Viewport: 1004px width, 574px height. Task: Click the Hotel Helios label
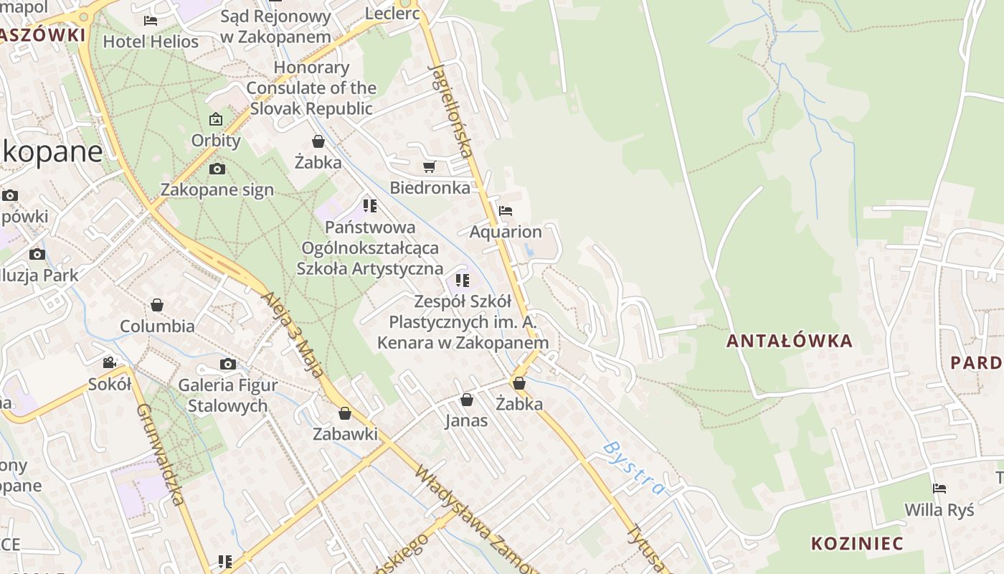[x=151, y=42]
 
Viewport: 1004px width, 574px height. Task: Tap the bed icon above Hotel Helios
[x=151, y=20]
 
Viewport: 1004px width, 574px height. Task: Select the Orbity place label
[x=216, y=140]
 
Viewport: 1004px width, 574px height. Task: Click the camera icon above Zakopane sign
[x=217, y=169]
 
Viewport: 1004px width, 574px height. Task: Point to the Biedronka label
[x=430, y=188]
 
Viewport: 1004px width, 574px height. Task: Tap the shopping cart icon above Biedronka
[x=429, y=167]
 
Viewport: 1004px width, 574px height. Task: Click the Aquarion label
[x=506, y=232]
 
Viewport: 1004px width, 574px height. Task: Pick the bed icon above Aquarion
[x=506, y=211]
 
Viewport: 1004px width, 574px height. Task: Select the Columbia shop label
[x=157, y=326]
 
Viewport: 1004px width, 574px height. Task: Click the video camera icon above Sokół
[x=109, y=363]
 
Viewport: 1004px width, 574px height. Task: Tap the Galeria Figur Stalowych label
[x=227, y=395]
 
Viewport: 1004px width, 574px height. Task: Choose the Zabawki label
[x=345, y=434]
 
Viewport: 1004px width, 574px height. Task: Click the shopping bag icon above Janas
[x=467, y=400]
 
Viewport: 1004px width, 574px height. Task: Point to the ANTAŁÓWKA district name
[x=790, y=341]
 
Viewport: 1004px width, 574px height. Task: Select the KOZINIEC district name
[x=857, y=542]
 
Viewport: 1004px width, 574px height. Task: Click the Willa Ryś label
[x=939, y=510]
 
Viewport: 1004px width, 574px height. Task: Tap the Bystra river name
[x=633, y=468]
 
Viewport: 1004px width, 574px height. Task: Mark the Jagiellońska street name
[x=450, y=110]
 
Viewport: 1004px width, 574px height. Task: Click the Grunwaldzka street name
[x=161, y=453]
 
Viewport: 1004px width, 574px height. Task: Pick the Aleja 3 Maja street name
[x=293, y=334]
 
